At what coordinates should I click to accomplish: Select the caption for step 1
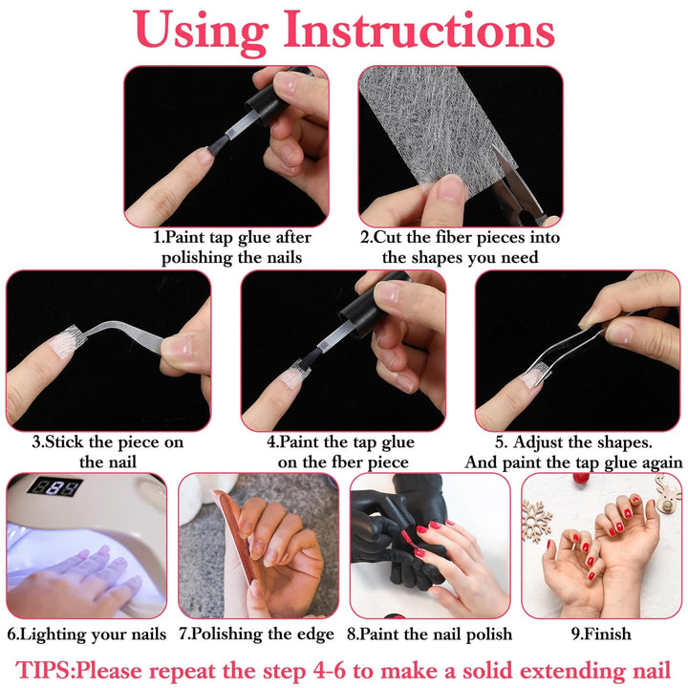(x=232, y=247)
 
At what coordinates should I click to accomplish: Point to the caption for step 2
(x=460, y=247)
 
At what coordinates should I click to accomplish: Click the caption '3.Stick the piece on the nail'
(x=107, y=451)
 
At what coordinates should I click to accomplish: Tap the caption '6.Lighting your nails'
(x=87, y=634)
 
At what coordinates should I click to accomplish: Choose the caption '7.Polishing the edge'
(x=256, y=634)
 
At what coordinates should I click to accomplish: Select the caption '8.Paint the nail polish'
(x=429, y=634)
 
